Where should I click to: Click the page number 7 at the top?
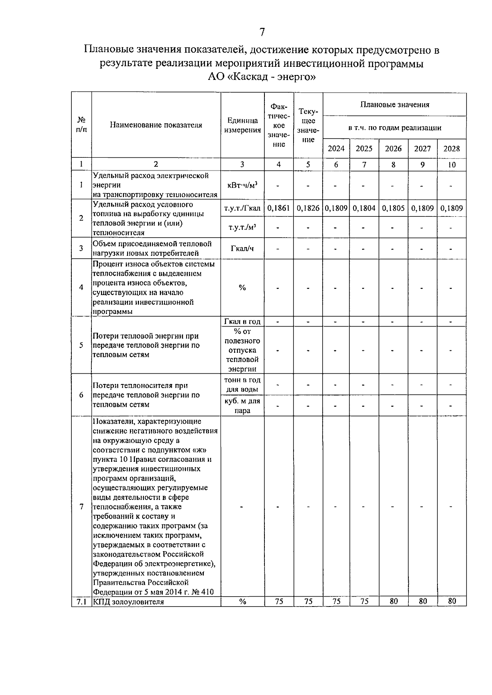tap(262, 32)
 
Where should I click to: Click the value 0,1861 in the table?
tap(278, 208)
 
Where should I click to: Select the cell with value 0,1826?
tap(308, 208)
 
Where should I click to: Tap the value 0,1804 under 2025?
tap(364, 208)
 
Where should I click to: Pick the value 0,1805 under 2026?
tap(393, 208)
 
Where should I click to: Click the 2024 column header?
tap(336, 149)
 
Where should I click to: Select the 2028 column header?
tap(451, 149)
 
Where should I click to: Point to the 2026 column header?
tap(393, 149)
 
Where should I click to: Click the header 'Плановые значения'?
tap(394, 104)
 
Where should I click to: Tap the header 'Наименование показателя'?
tap(156, 125)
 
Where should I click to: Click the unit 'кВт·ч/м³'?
tap(242, 185)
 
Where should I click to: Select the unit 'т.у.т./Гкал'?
tap(242, 208)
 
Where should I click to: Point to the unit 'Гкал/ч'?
tap(242, 248)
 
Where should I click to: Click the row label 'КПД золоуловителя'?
tap(128, 602)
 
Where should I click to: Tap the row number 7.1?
tap(81, 602)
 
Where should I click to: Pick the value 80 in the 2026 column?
tap(394, 601)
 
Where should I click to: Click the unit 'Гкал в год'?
tap(242, 322)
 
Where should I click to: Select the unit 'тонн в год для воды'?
tap(242, 384)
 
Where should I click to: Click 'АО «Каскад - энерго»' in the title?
tap(262, 77)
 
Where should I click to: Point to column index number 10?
tap(451, 165)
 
